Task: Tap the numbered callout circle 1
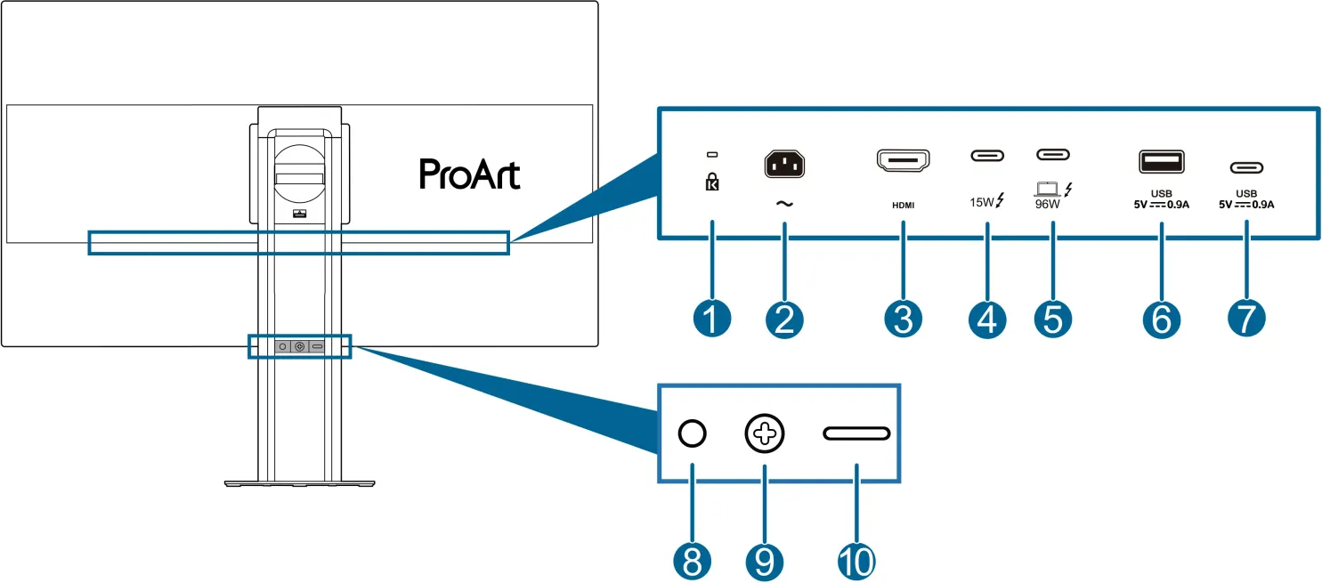coord(711,318)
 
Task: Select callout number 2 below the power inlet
coord(784,318)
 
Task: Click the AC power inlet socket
coord(784,163)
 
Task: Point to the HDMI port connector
coord(904,161)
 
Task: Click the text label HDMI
coord(904,204)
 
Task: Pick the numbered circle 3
coord(904,318)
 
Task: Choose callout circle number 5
coord(1053,318)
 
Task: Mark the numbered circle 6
coord(1161,318)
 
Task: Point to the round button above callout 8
coord(692,433)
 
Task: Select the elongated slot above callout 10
coord(856,433)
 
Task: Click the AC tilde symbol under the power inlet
coord(784,203)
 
